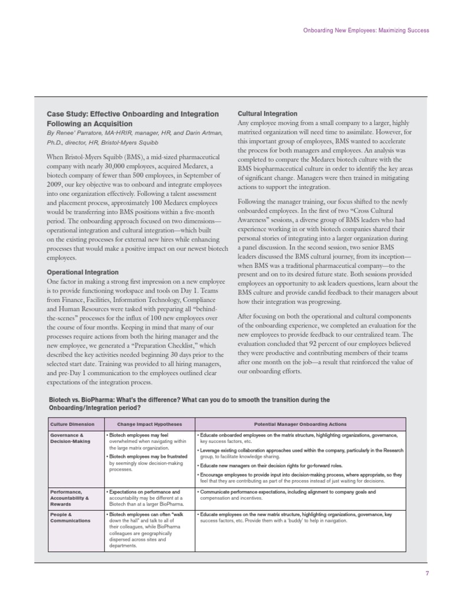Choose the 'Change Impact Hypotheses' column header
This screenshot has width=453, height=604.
[149, 424]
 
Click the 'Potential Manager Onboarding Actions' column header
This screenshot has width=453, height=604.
[300, 424]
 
